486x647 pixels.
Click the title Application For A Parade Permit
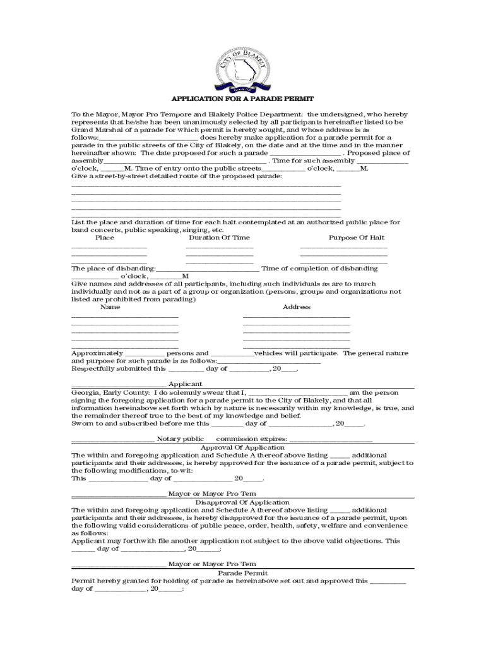(x=243, y=100)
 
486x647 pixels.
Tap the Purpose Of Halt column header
(x=356, y=238)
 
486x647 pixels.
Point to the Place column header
(x=104, y=238)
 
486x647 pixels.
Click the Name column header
(x=110, y=307)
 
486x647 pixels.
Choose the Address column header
(x=296, y=307)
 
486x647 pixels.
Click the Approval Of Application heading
(x=242, y=447)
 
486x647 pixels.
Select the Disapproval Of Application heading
(x=242, y=502)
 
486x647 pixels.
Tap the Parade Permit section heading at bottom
(x=242, y=572)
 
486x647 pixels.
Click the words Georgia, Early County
(x=103, y=392)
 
